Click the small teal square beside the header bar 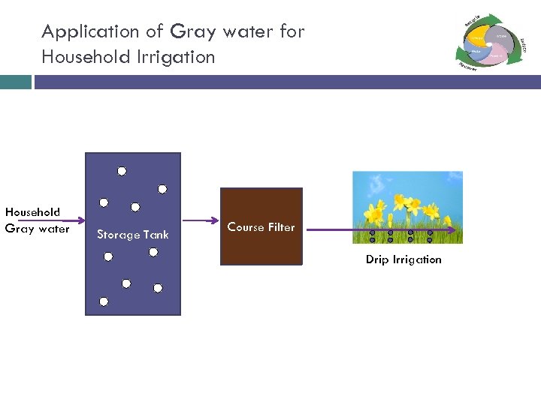tap(15, 82)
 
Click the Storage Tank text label tap(133, 235)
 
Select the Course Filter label tap(261, 226)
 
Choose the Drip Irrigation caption tap(403, 259)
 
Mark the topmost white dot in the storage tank tap(121, 170)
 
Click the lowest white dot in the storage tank tap(104, 301)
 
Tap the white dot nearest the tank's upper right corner tap(162, 189)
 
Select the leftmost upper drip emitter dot tap(373, 232)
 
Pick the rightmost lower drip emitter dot tap(430, 240)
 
